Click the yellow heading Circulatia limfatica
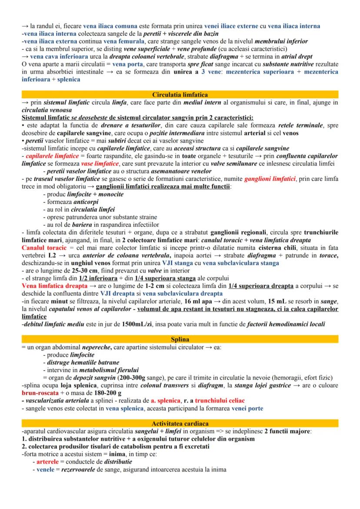click(x=180, y=94)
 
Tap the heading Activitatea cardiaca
click(x=180, y=423)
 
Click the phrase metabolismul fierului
click(x=101, y=370)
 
